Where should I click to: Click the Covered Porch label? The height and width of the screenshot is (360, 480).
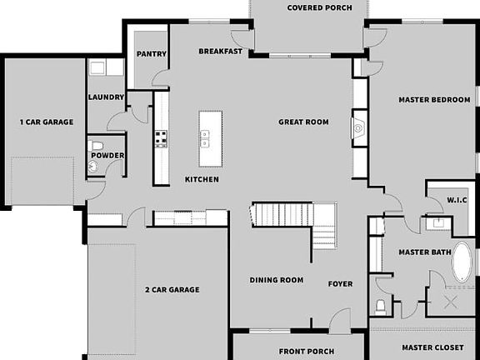(x=319, y=8)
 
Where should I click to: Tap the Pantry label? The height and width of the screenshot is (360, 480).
(x=152, y=54)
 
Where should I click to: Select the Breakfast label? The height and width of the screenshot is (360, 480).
(x=221, y=52)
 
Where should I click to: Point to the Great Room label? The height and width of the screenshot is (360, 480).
(x=303, y=122)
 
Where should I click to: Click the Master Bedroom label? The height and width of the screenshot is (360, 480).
(x=434, y=100)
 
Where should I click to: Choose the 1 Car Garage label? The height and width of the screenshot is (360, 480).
(x=47, y=122)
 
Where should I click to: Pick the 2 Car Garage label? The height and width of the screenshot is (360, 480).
(x=172, y=290)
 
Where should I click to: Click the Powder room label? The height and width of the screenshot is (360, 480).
(x=107, y=156)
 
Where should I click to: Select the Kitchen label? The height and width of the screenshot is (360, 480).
(x=202, y=180)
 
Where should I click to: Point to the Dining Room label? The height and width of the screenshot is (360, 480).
(x=276, y=280)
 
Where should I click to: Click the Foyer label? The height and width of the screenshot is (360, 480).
(x=340, y=284)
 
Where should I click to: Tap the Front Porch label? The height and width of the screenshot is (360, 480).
(x=298, y=350)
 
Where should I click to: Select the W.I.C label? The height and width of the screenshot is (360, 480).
(x=457, y=200)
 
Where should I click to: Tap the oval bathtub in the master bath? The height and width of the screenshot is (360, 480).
(x=462, y=265)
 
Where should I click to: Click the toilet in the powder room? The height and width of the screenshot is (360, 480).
(x=97, y=147)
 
